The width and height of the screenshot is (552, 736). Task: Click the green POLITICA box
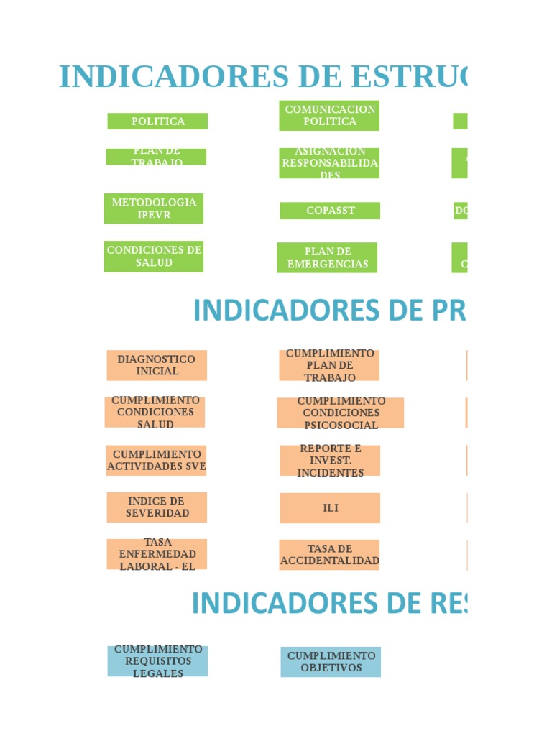(157, 121)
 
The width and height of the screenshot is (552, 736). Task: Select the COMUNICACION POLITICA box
(329, 116)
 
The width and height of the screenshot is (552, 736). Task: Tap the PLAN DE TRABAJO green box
(156, 157)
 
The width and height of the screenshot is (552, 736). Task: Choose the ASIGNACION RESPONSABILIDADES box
(329, 163)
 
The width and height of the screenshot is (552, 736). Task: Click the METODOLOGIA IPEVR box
(154, 208)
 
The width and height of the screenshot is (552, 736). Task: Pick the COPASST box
(330, 211)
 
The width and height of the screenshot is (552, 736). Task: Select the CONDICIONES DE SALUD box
(154, 257)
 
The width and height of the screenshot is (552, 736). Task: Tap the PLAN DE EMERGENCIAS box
(327, 257)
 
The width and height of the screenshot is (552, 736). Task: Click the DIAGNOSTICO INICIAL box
(157, 365)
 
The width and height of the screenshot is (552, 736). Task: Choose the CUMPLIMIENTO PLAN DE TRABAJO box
(329, 365)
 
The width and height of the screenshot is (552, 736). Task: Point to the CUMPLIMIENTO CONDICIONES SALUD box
(155, 412)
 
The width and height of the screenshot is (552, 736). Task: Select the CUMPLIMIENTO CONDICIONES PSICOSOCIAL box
(341, 413)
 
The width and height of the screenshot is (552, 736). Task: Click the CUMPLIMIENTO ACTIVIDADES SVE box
(156, 460)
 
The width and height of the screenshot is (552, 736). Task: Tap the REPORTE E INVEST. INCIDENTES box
(330, 460)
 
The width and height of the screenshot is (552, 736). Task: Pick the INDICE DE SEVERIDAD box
(157, 507)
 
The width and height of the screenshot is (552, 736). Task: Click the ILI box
(330, 508)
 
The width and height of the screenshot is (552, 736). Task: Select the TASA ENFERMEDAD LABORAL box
(157, 554)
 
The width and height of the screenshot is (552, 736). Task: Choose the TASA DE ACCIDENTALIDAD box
(329, 555)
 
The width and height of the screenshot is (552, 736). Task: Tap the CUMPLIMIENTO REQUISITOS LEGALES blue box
(157, 661)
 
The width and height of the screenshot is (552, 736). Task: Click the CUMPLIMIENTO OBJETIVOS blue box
(331, 661)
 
